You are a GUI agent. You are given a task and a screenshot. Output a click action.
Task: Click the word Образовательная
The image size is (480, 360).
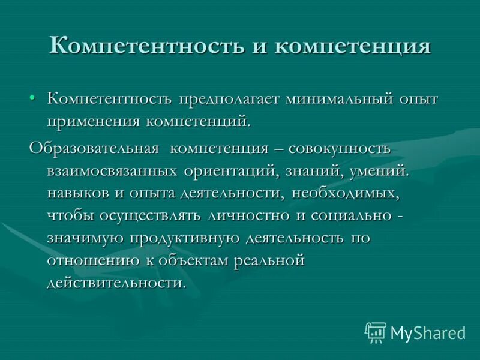[94, 148]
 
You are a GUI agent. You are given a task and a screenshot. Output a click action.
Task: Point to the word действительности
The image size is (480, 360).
[116, 283]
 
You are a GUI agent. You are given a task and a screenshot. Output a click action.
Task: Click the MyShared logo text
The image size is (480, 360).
[428, 332]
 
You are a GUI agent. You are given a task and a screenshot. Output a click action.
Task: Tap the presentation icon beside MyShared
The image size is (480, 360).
[376, 332]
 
